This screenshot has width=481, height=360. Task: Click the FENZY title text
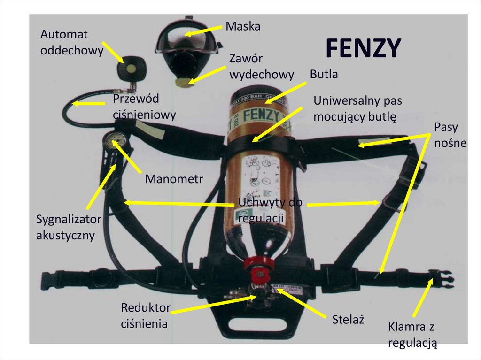coord(363,48)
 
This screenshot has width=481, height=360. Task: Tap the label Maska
coord(243,26)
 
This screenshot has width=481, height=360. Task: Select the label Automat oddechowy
coord(71,42)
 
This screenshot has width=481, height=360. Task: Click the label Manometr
coord(170,179)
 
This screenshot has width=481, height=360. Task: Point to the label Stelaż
coord(348,320)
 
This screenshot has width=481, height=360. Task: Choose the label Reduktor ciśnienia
coord(145,315)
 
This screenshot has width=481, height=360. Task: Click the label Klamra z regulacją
coord(413,335)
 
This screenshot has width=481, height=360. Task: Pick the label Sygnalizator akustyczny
coord(69,227)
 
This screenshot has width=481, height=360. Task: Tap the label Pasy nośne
coord(450,135)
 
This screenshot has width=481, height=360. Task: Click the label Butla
coord(324,74)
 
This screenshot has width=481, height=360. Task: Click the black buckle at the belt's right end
coord(442,280)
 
